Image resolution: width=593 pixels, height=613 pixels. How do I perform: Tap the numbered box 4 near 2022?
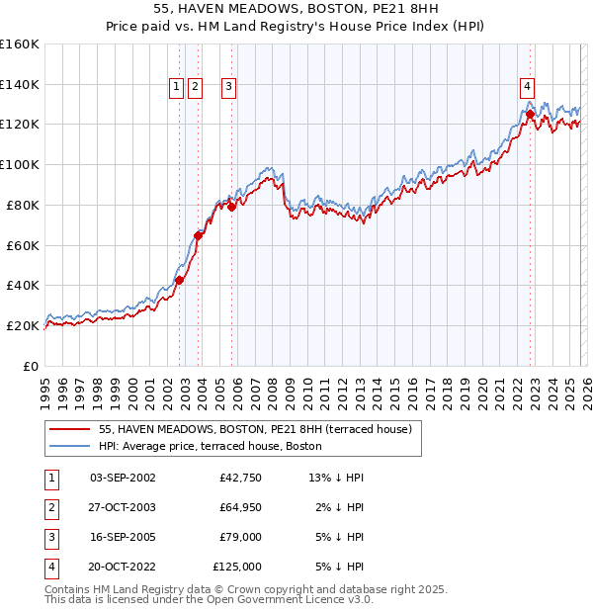coord(528,86)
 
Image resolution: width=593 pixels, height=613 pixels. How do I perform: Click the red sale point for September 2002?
coord(179,280)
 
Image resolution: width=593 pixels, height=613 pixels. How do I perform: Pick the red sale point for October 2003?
coord(199,235)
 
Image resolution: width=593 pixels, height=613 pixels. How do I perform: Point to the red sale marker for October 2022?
coord(531,114)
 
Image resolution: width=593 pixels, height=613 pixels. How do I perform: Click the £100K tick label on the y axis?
coord(20,164)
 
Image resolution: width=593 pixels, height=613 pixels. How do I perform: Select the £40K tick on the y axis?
coord(23,285)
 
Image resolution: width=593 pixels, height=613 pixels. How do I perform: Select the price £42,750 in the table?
coord(241,478)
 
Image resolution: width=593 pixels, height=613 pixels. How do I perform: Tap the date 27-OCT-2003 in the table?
coord(123,507)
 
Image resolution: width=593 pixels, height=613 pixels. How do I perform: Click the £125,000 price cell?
coord(237,567)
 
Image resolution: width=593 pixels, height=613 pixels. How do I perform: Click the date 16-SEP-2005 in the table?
coord(123,537)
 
